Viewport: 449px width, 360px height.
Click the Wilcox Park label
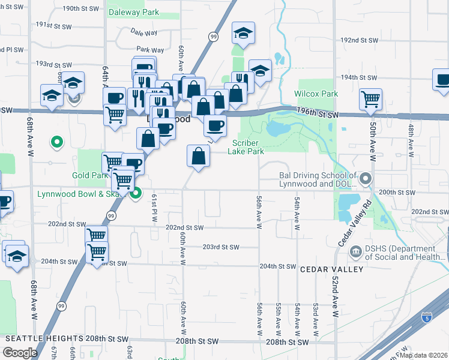(316, 94)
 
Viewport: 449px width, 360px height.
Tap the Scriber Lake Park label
(246, 147)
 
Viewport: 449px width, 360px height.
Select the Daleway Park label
(133, 12)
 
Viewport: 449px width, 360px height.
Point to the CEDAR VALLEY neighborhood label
(332, 269)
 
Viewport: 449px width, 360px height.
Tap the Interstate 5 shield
(426, 317)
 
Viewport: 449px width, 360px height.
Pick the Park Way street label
(149, 50)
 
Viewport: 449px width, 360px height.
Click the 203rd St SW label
(221, 247)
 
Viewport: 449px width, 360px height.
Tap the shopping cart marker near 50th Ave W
(371, 100)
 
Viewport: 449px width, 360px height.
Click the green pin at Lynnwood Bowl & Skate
(136, 193)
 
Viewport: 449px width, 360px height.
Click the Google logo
(20, 353)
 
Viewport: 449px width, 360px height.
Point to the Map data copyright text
(424, 355)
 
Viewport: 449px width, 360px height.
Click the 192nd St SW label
(359, 40)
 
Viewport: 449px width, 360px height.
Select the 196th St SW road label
(319, 114)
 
